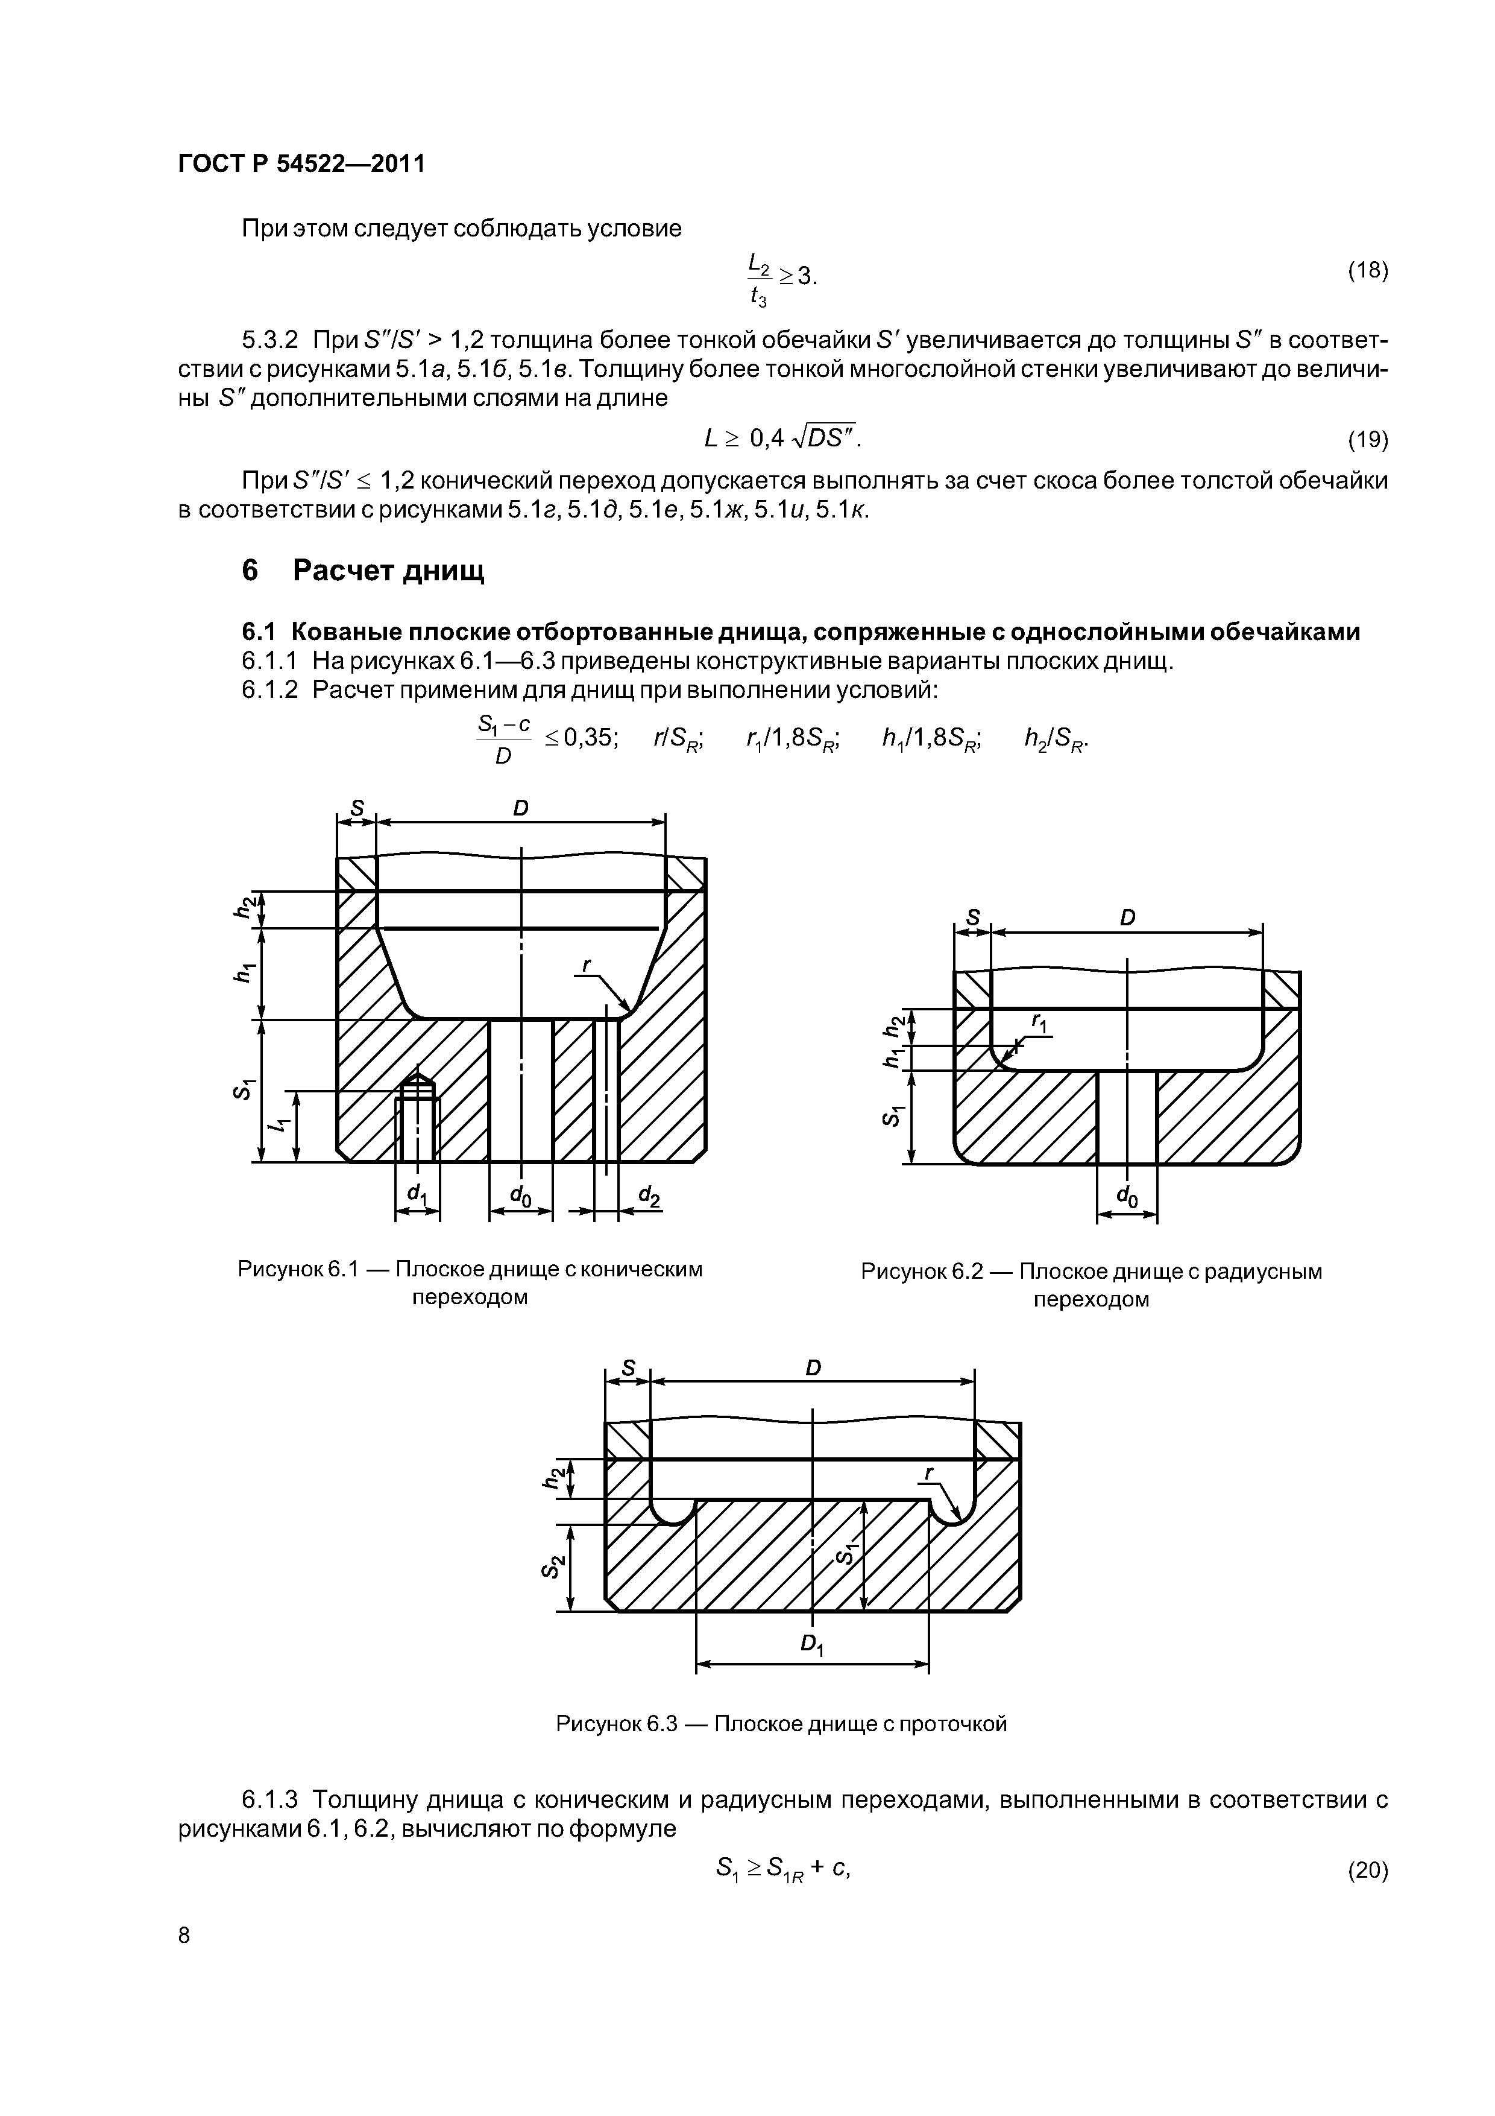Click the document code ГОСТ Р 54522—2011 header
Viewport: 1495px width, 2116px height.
click(x=301, y=164)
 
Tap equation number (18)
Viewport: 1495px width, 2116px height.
click(x=1367, y=270)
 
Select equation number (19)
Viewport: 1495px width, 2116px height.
click(x=1367, y=440)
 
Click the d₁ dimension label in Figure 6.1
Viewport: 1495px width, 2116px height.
click(x=417, y=1194)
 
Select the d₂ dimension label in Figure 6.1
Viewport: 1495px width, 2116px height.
click(x=649, y=1196)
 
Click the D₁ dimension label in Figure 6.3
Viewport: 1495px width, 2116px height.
click(x=811, y=1643)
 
